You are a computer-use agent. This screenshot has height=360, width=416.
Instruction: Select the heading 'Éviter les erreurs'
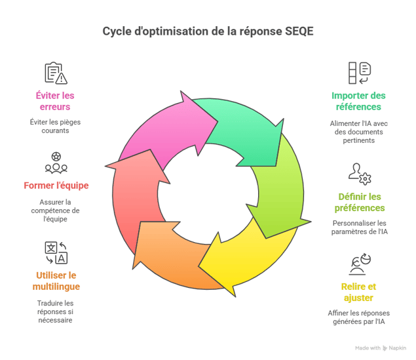pyautogui.click(x=55, y=100)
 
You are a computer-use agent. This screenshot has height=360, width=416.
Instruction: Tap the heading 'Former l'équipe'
pyautogui.click(x=56, y=186)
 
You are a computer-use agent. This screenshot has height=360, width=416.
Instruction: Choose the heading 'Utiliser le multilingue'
pyautogui.click(x=55, y=281)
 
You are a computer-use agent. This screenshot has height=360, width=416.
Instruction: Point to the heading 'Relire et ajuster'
pyautogui.click(x=358, y=292)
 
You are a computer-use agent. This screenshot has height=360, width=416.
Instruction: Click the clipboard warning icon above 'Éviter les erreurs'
pyautogui.click(x=56, y=73)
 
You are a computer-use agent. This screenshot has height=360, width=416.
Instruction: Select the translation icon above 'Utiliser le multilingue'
pyautogui.click(x=56, y=252)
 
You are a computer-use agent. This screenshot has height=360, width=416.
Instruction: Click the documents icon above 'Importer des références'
pyautogui.click(x=360, y=73)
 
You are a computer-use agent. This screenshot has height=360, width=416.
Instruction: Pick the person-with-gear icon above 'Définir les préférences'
pyautogui.click(x=360, y=174)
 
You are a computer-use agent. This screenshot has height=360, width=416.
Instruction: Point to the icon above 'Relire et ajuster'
pyautogui.click(x=360, y=264)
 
